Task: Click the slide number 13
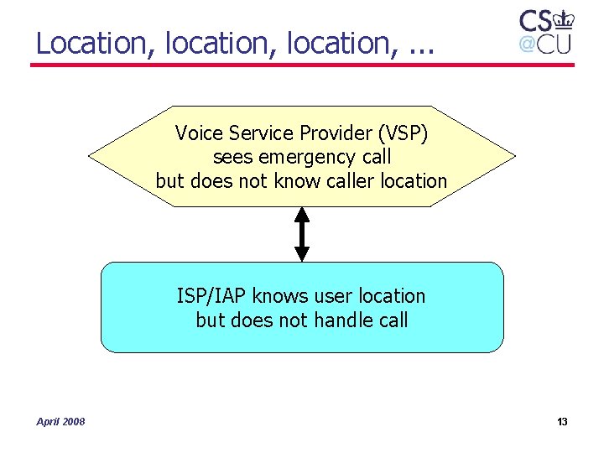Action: tap(562, 421)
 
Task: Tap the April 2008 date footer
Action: tap(60, 421)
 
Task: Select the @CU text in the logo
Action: tap(544, 44)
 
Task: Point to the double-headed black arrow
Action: tap(302, 234)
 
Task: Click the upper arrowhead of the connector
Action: tap(302, 215)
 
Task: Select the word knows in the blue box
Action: tap(280, 296)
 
